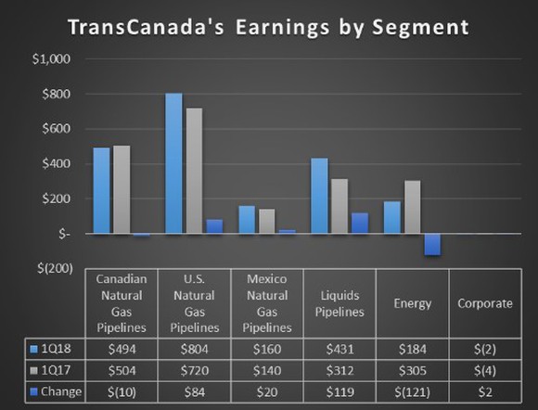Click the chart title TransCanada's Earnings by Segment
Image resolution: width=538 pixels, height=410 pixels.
click(268, 27)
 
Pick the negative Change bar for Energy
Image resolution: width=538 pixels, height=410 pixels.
click(431, 244)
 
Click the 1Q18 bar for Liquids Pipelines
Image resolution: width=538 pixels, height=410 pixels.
click(319, 196)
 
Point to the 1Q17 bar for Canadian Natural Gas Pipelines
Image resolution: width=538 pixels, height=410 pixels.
click(121, 189)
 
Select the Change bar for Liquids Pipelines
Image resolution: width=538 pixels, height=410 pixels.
click(359, 224)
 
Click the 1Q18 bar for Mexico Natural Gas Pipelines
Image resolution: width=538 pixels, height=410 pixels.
click(247, 220)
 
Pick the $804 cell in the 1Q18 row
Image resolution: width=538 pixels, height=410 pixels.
click(194, 349)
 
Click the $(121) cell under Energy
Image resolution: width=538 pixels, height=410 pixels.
click(412, 391)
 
